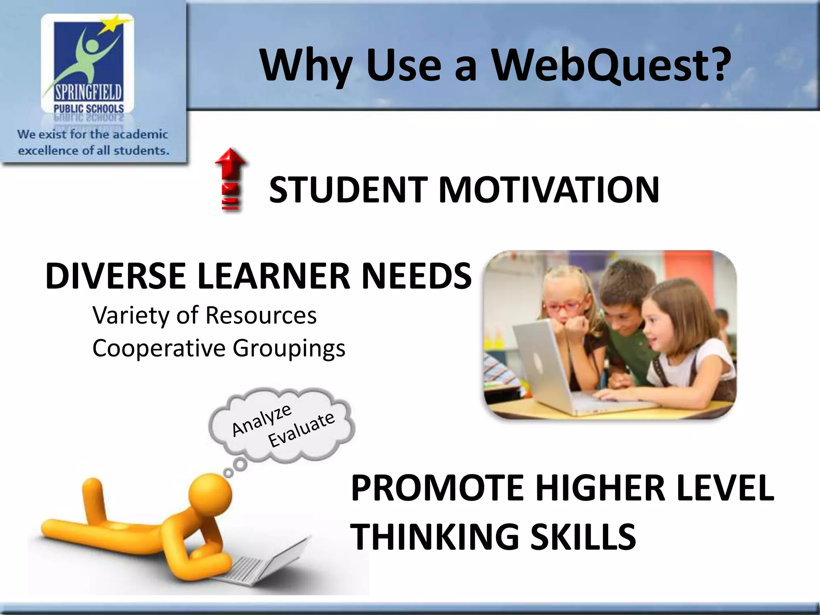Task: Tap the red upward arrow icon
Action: [231, 179]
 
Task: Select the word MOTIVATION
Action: [549, 190]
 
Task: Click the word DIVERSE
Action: [116, 276]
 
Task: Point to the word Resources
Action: [261, 315]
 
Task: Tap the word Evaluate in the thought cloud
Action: [301, 429]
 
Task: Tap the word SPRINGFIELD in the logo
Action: [88, 93]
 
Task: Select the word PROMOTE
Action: [437, 488]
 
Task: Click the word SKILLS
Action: [583, 537]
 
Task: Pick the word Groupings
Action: [289, 348]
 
